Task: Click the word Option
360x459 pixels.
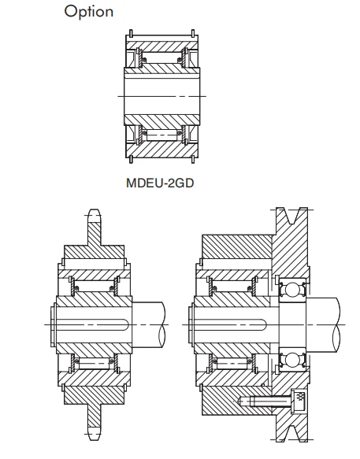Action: coord(89,13)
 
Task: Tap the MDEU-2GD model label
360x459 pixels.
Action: coord(160,183)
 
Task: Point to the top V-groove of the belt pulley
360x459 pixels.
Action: coord(291,216)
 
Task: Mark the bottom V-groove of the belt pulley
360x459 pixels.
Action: coord(291,433)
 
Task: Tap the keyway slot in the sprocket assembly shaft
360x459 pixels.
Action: coord(92,324)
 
